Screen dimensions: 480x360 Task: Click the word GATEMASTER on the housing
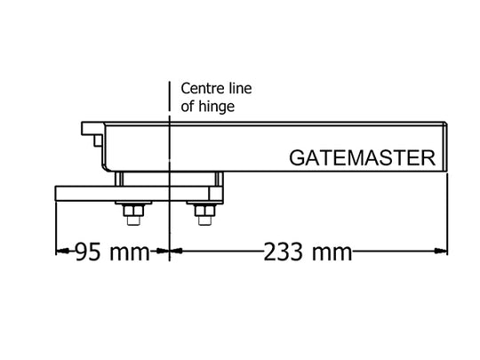pyautogui.click(x=362, y=158)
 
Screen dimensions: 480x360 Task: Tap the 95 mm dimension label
pyautogui.click(x=112, y=252)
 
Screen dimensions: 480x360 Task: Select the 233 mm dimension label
pyautogui.click(x=308, y=252)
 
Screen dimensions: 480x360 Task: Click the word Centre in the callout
pyautogui.click(x=198, y=89)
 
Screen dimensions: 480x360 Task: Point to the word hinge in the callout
pyautogui.click(x=216, y=107)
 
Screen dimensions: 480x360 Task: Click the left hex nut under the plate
pyautogui.click(x=133, y=211)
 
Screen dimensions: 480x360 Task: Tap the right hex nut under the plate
pyautogui.click(x=204, y=211)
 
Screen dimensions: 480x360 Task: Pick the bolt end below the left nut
pyautogui.click(x=133, y=220)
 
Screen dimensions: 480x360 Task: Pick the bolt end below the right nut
pyautogui.click(x=204, y=220)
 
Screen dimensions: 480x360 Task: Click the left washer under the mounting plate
pyautogui.click(x=133, y=204)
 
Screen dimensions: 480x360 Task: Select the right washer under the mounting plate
pyautogui.click(x=204, y=204)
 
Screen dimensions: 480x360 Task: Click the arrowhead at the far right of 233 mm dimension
pyautogui.click(x=441, y=251)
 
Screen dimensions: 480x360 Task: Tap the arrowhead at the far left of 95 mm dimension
pyautogui.click(x=62, y=251)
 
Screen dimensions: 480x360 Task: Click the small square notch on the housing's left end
pyautogui.click(x=98, y=140)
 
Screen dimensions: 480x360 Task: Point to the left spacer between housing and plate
pyautogui.click(x=119, y=179)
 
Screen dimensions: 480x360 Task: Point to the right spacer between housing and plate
pyautogui.click(x=219, y=179)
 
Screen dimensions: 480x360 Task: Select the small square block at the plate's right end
pyautogui.click(x=216, y=194)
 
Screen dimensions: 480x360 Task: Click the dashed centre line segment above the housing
pyautogui.click(x=169, y=96)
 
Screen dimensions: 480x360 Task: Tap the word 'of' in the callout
pyautogui.click(x=187, y=107)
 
